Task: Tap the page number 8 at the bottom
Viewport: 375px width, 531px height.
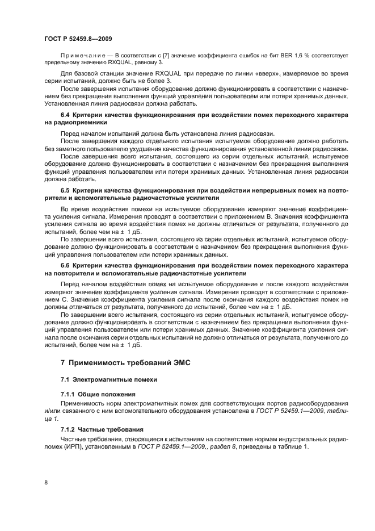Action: (46, 482)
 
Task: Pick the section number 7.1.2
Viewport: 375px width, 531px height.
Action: (68, 430)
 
